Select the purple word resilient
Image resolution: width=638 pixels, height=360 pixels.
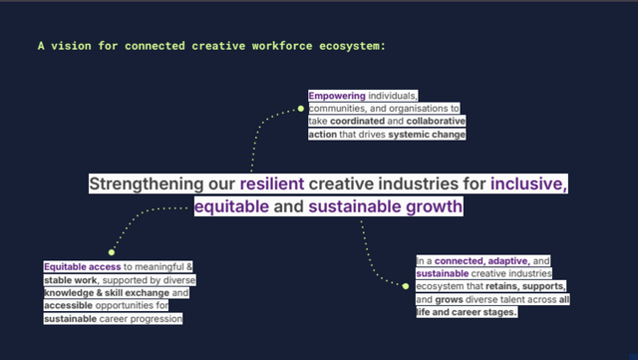[x=272, y=184]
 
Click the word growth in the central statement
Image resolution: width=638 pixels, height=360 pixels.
[x=436, y=207]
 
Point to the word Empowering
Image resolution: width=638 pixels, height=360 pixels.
[x=337, y=96]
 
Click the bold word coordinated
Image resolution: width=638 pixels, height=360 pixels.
[x=358, y=121]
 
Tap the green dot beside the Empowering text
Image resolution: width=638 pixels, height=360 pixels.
[x=302, y=108]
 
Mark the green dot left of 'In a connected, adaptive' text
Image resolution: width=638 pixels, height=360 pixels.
[x=406, y=286]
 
